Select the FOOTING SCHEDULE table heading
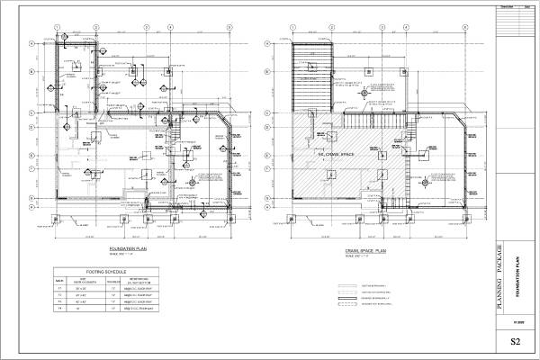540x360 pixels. pyautogui.click(x=105, y=270)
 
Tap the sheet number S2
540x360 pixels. pyautogui.click(x=515, y=341)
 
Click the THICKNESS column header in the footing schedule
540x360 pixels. pyautogui.click(x=113, y=280)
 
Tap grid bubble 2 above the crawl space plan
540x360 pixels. pyautogui.click(x=312, y=26)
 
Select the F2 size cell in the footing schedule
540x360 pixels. pyautogui.click(x=82, y=295)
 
